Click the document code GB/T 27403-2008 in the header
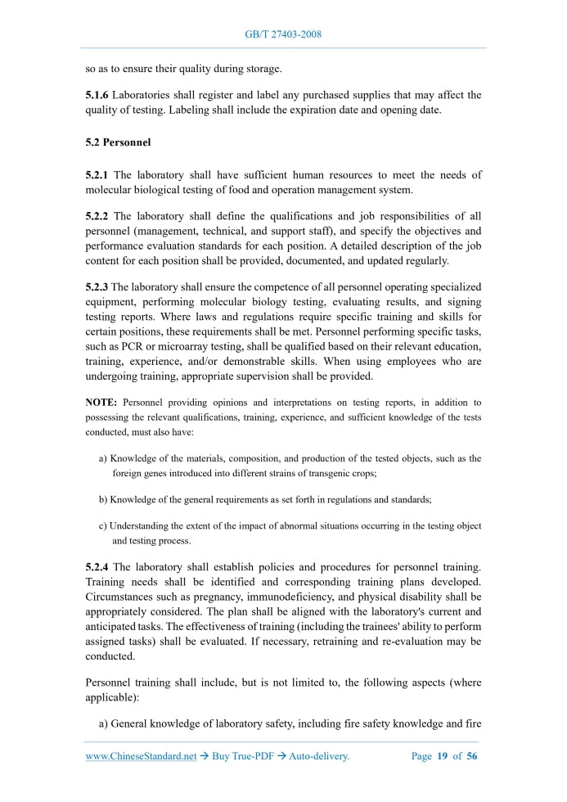(283, 34)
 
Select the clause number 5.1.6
(97, 96)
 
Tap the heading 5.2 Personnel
(118, 142)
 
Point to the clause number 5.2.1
(97, 175)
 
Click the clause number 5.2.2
(97, 217)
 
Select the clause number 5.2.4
(97, 567)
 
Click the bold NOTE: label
(101, 403)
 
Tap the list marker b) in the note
(103, 499)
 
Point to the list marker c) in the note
(103, 526)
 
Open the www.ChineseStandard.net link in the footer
(141, 756)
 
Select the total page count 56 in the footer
(471, 756)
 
